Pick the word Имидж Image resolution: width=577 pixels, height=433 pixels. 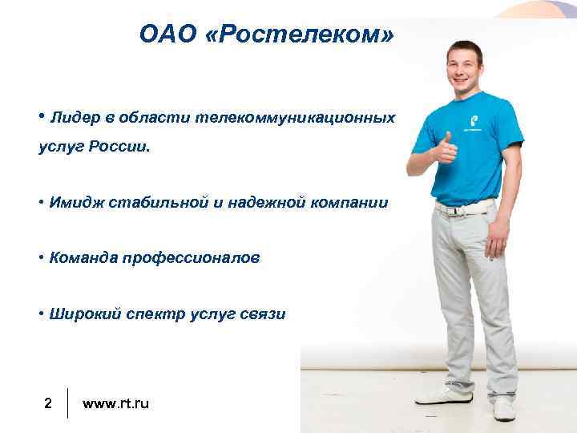click(x=75, y=203)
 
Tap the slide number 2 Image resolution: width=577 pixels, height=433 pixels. click(x=48, y=403)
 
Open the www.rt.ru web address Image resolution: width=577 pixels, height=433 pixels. click(x=115, y=403)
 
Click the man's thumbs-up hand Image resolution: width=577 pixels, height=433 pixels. click(x=444, y=148)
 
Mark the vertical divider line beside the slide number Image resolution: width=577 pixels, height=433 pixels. click(x=68, y=403)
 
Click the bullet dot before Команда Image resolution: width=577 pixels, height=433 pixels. click(x=39, y=257)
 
